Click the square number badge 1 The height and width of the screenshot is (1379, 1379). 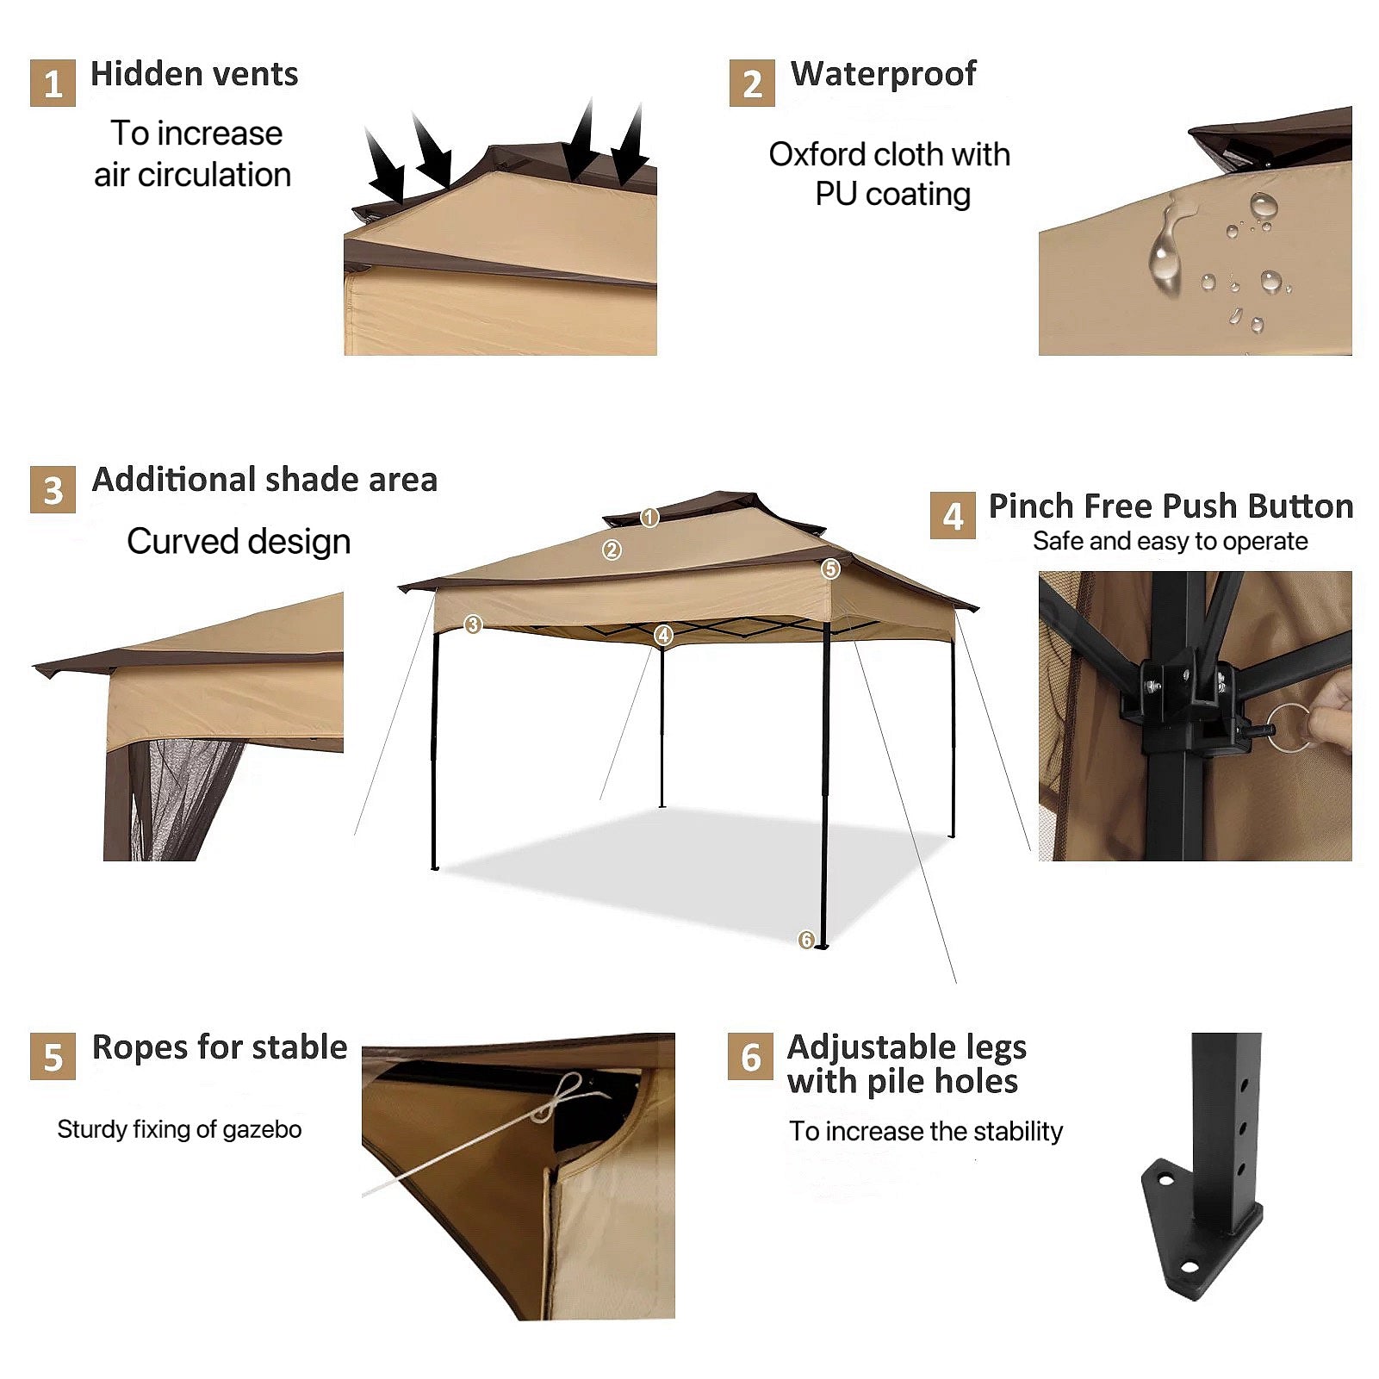click(53, 83)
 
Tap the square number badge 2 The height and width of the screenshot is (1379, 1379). click(752, 83)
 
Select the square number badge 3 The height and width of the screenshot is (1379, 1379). click(53, 490)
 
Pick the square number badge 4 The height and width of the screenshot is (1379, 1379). click(953, 515)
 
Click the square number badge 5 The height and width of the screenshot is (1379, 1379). click(53, 1056)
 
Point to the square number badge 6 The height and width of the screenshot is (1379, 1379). click(750, 1056)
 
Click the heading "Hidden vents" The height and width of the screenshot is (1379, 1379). click(195, 74)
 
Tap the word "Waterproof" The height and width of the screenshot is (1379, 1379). click(884, 75)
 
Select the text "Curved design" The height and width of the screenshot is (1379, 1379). click(239, 542)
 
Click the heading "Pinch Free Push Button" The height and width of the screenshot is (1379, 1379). click(1171, 506)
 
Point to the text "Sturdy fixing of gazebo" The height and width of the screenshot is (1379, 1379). click(179, 1129)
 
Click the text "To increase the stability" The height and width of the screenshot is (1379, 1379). click(926, 1131)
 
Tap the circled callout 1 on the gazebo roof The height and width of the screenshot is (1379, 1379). click(649, 517)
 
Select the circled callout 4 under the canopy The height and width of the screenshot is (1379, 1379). click(663, 636)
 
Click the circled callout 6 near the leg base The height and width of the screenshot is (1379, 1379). click(806, 940)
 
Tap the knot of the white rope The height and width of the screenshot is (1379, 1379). click(558, 1099)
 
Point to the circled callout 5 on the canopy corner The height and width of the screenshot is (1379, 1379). click(830, 568)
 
